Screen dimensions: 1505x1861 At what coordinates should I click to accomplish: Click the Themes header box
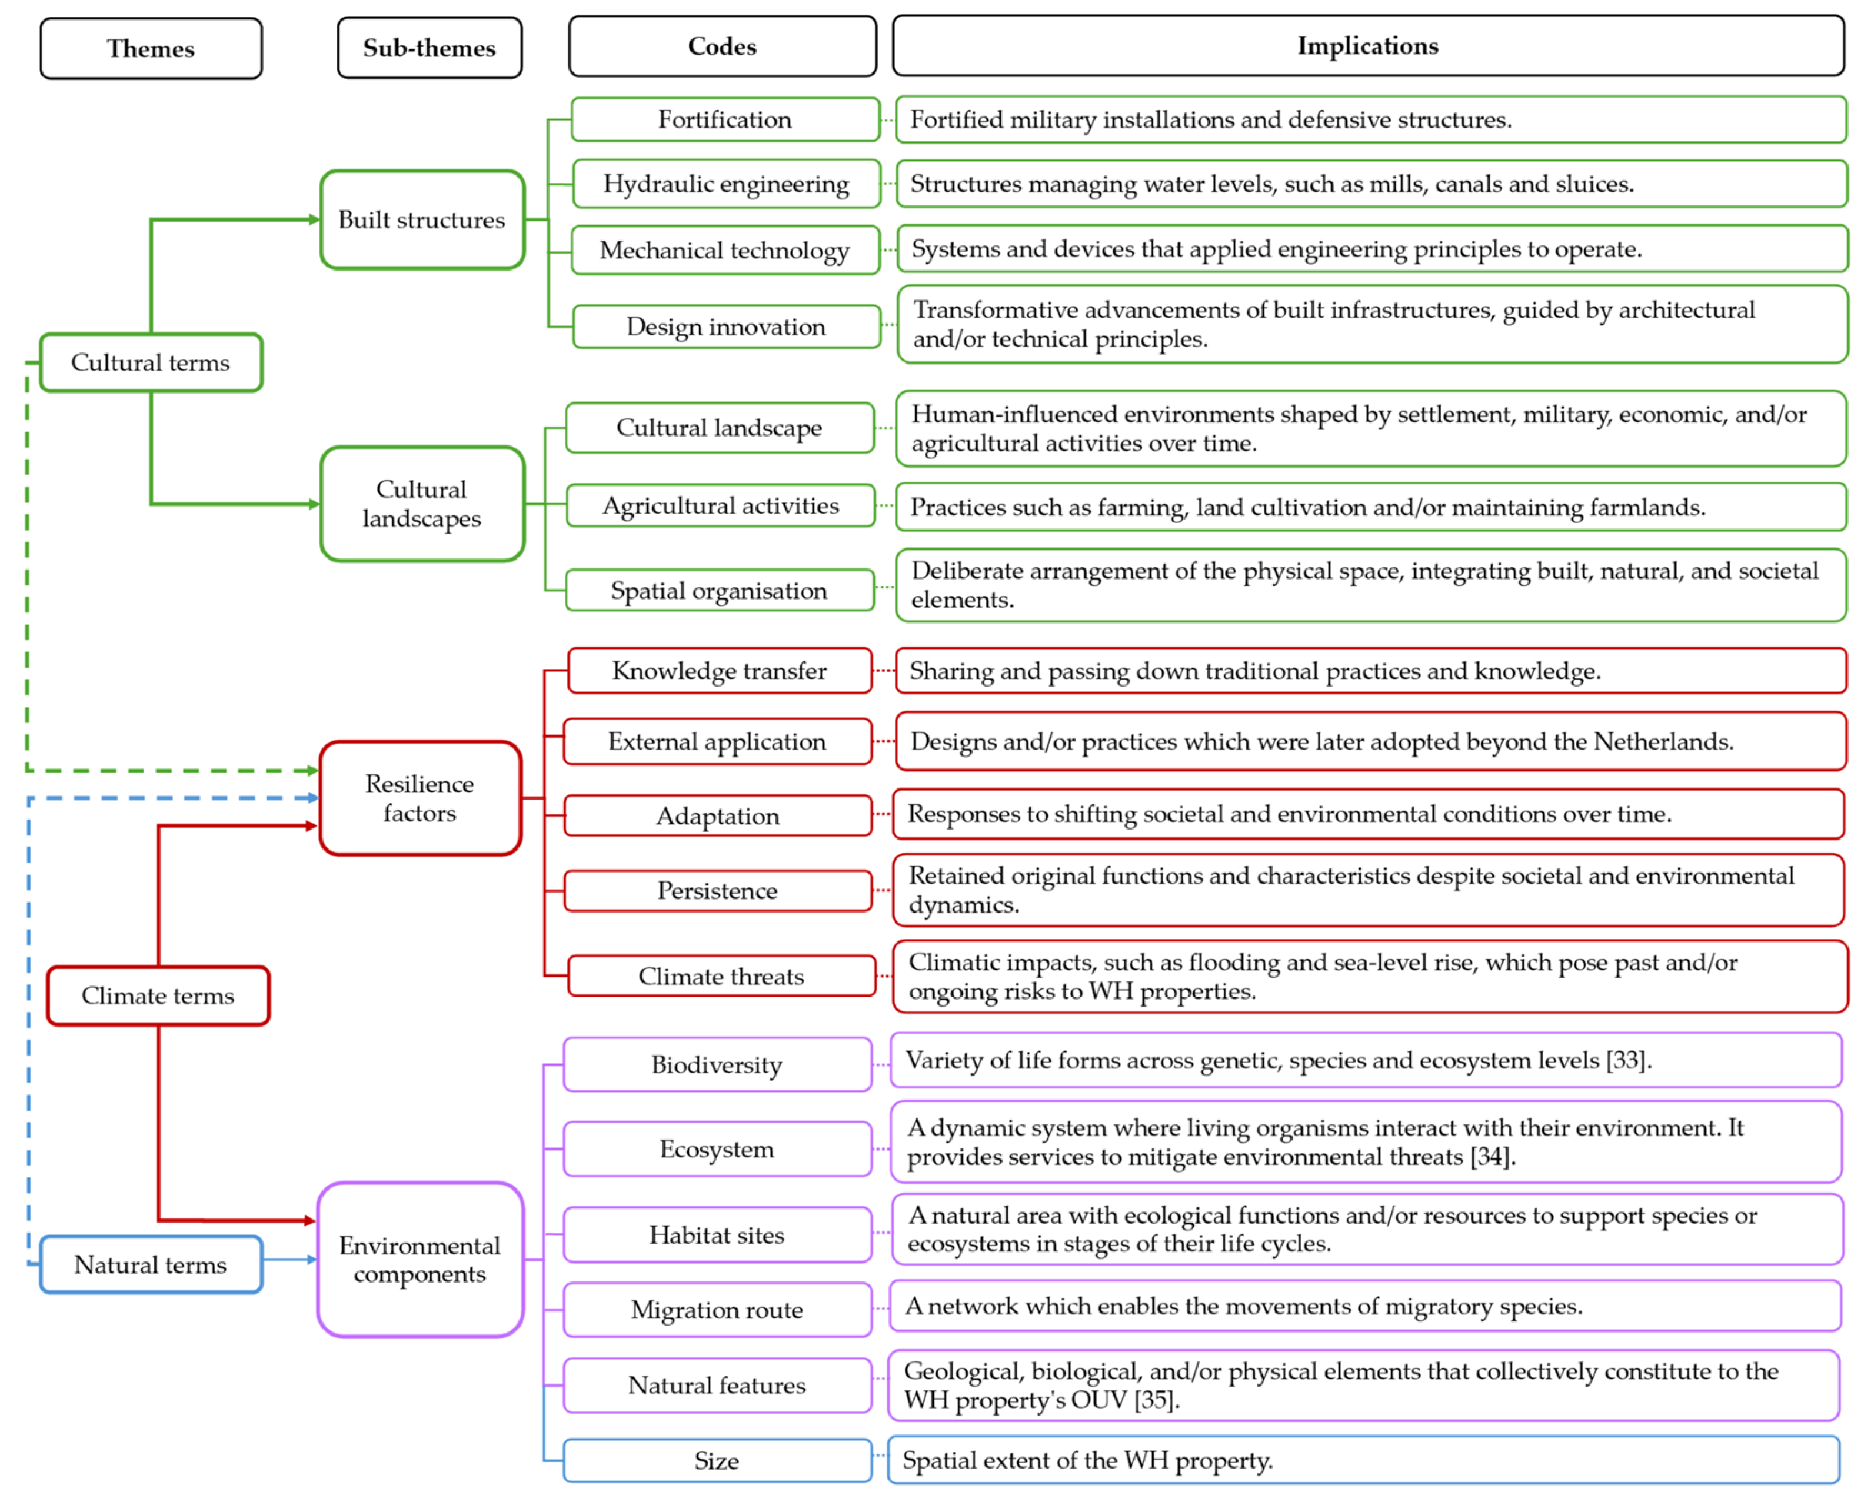pyautogui.click(x=151, y=49)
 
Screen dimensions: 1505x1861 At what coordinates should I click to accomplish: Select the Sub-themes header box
pyautogui.click(x=429, y=48)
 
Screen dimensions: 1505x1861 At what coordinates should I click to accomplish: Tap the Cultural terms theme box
pyautogui.click(x=151, y=362)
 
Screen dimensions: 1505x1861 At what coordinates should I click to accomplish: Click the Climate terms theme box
pyautogui.click(x=158, y=995)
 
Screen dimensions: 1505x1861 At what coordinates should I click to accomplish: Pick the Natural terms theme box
pyautogui.click(x=151, y=1265)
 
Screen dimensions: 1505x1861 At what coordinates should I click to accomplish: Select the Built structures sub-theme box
pyautogui.click(x=421, y=219)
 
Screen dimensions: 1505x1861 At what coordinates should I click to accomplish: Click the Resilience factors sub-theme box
pyautogui.click(x=420, y=798)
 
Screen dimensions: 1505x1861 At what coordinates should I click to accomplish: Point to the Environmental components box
pyautogui.click(x=420, y=1259)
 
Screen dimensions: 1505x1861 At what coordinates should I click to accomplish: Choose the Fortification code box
pyautogui.click(x=725, y=119)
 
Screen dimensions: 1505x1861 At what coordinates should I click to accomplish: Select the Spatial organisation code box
pyautogui.click(x=720, y=590)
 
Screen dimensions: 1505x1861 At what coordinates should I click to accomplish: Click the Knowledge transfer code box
pyautogui.click(x=720, y=671)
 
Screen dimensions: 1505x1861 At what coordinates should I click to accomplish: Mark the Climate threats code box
pyautogui.click(x=721, y=976)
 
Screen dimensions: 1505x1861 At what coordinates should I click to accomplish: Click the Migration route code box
pyautogui.click(x=717, y=1309)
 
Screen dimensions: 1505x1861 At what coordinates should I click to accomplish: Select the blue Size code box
pyautogui.click(x=717, y=1461)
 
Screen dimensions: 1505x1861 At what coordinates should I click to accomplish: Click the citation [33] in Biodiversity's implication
pyautogui.click(x=1626, y=1060)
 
